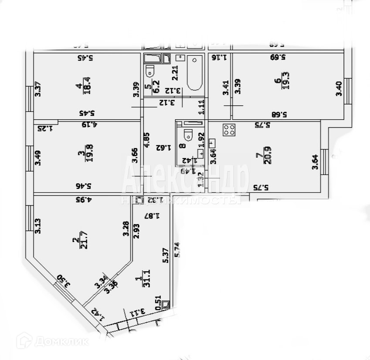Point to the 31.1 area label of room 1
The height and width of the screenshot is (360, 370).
(147, 276)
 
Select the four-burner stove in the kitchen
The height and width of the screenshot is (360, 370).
(230, 129)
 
